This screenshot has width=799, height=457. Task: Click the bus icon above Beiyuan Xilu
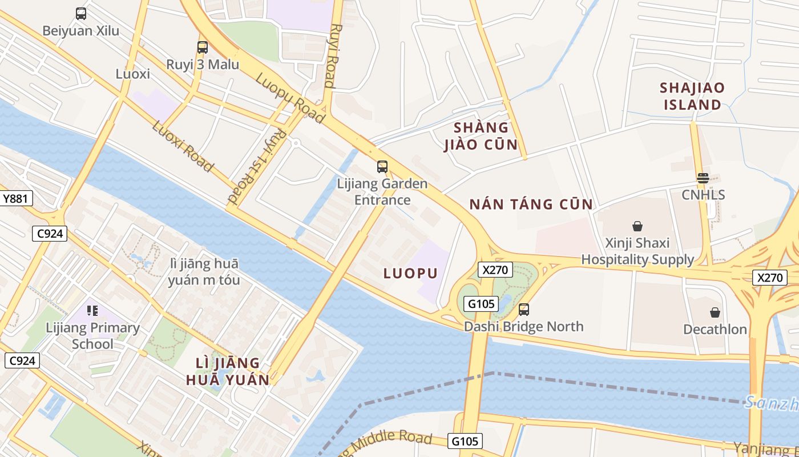coord(81,14)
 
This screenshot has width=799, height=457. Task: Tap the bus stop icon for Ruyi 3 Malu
coord(203,47)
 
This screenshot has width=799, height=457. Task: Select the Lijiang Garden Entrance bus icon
coord(382,167)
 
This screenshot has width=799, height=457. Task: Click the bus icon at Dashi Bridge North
coord(524,310)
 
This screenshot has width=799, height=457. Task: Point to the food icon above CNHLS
coord(703,178)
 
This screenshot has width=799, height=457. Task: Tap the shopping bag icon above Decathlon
coord(715,312)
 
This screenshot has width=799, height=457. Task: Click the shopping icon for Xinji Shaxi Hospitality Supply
coord(637,227)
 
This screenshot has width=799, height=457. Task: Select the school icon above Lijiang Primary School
coord(92,311)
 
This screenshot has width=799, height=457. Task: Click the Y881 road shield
coord(16,199)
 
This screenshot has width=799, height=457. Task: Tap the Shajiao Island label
coord(692,96)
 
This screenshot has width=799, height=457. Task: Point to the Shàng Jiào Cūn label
coord(481,136)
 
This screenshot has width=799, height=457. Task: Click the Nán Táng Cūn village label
coord(531,204)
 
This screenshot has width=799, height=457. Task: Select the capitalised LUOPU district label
coord(410,273)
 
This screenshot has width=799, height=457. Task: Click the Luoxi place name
coord(133,74)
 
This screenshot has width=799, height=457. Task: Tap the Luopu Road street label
coord(290,98)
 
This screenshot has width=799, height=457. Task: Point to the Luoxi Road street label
coord(183,146)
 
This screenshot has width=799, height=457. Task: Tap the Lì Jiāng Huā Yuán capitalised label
coord(228,371)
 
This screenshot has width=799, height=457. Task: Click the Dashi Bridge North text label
coord(523,327)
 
